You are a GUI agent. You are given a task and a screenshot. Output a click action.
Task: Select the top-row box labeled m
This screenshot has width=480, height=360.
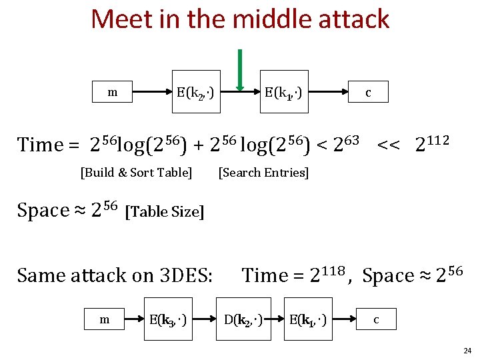click(x=113, y=92)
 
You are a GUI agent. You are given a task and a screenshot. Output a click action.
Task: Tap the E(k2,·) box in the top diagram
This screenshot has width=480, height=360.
click(x=195, y=93)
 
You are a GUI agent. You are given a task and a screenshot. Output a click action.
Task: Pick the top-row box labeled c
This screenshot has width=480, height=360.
click(x=367, y=93)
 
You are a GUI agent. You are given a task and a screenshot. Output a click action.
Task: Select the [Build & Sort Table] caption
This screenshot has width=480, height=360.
click(x=136, y=173)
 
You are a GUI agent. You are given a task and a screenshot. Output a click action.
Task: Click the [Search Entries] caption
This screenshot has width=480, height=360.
click(x=263, y=173)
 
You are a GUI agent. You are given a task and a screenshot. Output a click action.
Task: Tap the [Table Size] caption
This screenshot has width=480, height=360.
click(x=165, y=212)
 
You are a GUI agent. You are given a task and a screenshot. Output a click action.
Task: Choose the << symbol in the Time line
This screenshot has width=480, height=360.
click(x=389, y=143)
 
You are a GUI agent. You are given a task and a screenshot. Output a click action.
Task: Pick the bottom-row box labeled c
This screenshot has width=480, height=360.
click(x=376, y=319)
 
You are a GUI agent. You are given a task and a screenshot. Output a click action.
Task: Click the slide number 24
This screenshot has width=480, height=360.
click(x=467, y=350)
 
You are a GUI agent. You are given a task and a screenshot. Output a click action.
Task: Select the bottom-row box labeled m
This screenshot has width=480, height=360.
click(x=105, y=319)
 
